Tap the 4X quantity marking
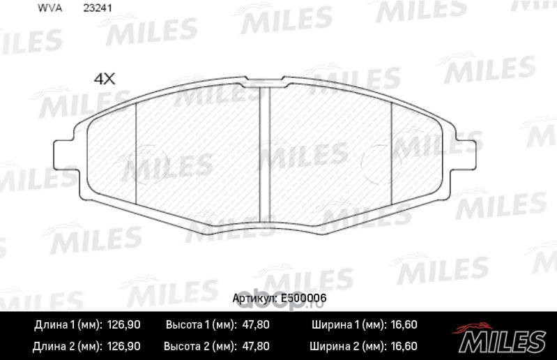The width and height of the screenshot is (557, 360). coord(104,79)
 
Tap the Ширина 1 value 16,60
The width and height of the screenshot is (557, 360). coord(403,325)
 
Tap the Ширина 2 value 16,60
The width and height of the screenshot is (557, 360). coord(403,345)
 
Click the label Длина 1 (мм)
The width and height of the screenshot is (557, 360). coord(68,325)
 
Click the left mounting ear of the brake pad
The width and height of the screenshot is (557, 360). coord(64,151)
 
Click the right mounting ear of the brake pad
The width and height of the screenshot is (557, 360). coord(466,151)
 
